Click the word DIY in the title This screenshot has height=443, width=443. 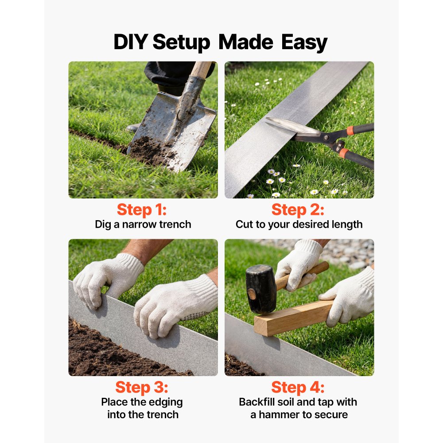130,43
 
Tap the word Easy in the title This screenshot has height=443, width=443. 304,43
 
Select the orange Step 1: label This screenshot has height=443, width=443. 141,209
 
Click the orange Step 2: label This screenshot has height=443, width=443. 298,209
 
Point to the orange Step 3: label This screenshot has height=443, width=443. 141,387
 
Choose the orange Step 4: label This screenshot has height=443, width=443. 298,387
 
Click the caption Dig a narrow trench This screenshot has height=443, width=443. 143,224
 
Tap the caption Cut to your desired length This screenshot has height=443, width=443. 299,224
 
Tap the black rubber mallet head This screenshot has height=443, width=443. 261,288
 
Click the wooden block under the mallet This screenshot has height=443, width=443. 292,318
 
